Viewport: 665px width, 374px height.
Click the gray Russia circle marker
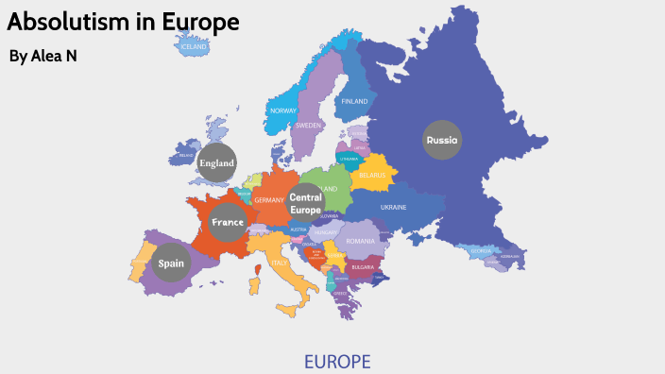(442, 140)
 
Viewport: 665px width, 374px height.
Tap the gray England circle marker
(216, 162)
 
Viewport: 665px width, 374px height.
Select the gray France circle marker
(228, 222)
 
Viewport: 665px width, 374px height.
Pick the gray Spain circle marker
(171, 263)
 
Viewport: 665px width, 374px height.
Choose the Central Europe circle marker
(306, 203)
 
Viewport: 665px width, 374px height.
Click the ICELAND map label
(194, 46)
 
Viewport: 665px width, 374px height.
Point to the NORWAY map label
(283, 110)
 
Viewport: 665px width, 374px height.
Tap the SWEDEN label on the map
(309, 125)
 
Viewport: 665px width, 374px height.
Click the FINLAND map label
(354, 101)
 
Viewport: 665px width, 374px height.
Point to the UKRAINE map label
(393, 207)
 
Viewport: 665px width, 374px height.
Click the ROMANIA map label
(360, 241)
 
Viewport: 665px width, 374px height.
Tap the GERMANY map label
(269, 200)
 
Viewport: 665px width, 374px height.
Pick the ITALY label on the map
(280, 263)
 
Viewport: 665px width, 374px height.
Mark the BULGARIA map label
(364, 267)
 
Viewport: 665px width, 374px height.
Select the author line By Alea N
(43, 57)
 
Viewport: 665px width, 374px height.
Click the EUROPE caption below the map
(337, 361)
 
